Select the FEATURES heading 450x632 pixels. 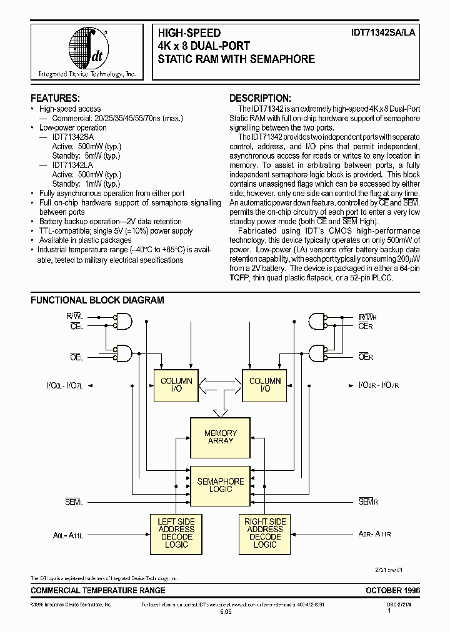(55, 98)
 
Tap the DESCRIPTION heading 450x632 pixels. (260, 98)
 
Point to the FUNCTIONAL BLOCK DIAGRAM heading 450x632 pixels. (97, 300)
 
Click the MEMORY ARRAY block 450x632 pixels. (221, 437)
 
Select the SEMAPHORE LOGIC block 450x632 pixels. (221, 485)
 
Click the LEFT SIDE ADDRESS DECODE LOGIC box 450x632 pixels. (176, 533)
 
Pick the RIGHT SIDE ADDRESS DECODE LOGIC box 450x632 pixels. (265, 533)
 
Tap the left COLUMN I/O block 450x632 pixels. (176, 385)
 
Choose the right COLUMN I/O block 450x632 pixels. (265, 385)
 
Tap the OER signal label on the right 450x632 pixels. (366, 357)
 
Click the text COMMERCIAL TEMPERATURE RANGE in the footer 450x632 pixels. (98, 590)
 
